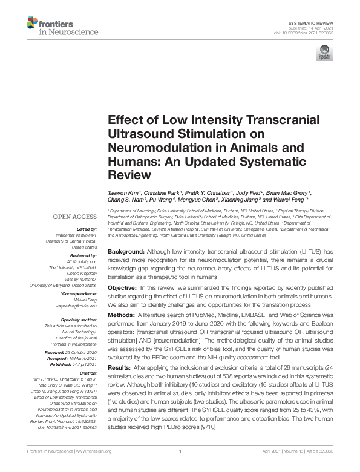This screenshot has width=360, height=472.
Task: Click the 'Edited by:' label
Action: coord(88,229)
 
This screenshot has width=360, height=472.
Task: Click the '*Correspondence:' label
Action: coord(79,293)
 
